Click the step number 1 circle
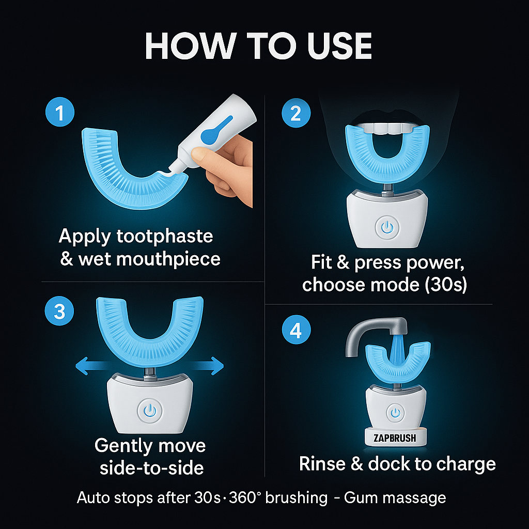60,112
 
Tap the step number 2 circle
296,113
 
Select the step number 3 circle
59,310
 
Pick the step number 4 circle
296,330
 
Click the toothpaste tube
215,132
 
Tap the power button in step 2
387,227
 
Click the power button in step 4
395,412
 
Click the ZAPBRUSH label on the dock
395,438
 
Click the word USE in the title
339,46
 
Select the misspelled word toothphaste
165,236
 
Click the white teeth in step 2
387,128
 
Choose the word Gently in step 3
123,446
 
